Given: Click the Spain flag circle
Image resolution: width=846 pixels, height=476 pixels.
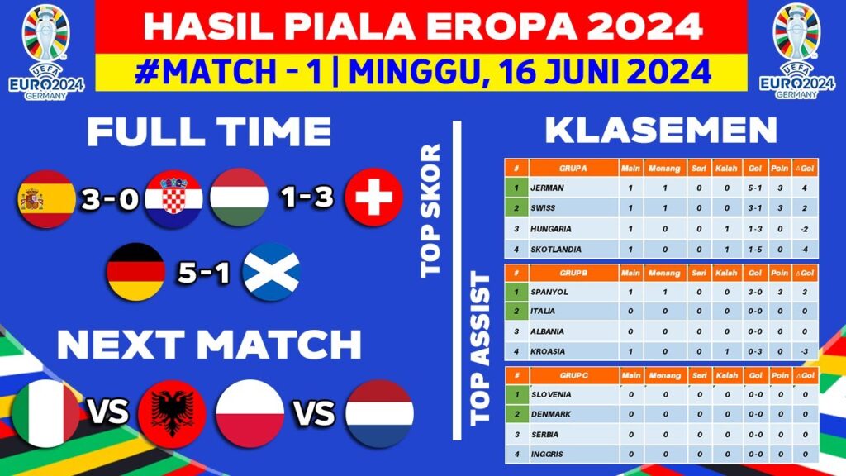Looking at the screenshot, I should pyautogui.click(x=46, y=199).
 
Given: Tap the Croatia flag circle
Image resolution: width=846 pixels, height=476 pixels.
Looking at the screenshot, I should pyautogui.click(x=173, y=199).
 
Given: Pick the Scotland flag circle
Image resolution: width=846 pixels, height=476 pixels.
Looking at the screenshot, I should pyautogui.click(x=272, y=272).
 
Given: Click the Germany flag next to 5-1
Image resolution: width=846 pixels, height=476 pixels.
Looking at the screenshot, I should pyautogui.click(x=135, y=272).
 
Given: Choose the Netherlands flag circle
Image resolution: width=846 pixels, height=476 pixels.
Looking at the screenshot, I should pyautogui.click(x=379, y=413).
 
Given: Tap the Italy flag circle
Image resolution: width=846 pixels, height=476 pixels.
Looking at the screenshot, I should pyautogui.click(x=46, y=413).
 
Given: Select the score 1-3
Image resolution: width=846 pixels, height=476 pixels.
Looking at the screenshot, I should pyautogui.click(x=306, y=200).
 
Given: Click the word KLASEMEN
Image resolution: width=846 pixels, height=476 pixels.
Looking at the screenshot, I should pyautogui.click(x=661, y=131).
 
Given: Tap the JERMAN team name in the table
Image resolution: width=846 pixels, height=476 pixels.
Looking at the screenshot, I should pyautogui.click(x=551, y=188).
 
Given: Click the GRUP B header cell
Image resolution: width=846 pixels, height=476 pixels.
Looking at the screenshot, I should pyautogui.click(x=573, y=273).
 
